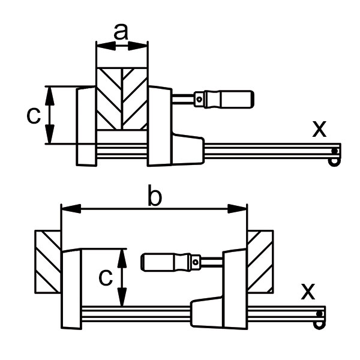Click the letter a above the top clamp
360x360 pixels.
(x=121, y=32)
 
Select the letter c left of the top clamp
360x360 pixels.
(x=34, y=115)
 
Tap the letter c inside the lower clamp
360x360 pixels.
(x=106, y=277)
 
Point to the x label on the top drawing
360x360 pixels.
(x=319, y=128)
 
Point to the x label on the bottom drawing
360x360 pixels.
(x=308, y=292)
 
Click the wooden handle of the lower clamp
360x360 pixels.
(x=166, y=262)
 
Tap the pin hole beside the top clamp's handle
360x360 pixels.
(x=199, y=100)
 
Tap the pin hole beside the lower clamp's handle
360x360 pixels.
(x=196, y=262)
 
